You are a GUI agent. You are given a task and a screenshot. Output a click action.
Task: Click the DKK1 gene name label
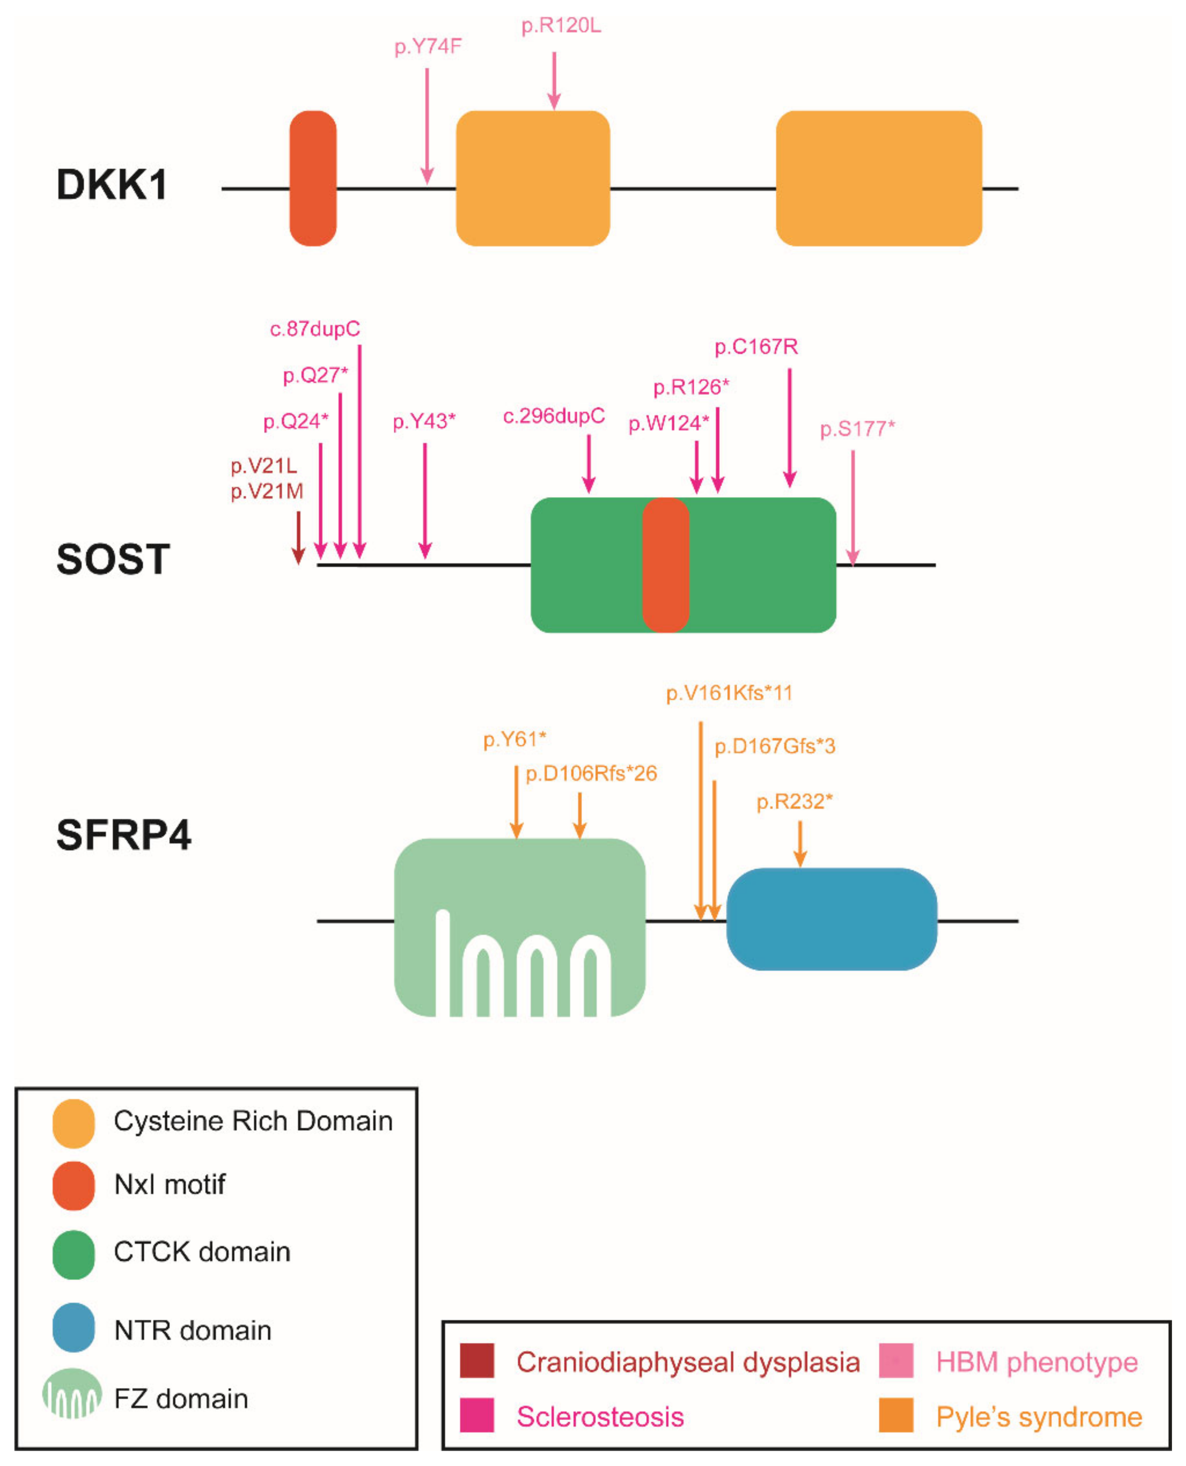click(112, 184)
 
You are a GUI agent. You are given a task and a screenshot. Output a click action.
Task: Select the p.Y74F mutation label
click(428, 46)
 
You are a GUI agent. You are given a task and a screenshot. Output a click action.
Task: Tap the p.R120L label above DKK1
click(561, 26)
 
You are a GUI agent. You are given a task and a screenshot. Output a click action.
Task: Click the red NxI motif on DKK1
click(313, 178)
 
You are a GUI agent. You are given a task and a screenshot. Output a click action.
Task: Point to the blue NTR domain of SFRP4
click(831, 919)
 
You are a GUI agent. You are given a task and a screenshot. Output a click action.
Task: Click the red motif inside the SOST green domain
click(665, 565)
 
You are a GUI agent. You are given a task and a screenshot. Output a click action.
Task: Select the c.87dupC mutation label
click(315, 329)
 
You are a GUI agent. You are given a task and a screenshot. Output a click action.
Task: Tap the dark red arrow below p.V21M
click(298, 538)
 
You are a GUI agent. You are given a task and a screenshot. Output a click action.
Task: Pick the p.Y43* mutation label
click(424, 421)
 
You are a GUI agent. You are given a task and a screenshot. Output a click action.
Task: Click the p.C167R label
click(756, 347)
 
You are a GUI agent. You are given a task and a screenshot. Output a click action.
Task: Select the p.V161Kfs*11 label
click(729, 693)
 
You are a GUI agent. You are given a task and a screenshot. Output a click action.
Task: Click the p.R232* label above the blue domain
click(794, 801)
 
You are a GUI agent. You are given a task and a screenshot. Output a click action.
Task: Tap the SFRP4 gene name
click(124, 835)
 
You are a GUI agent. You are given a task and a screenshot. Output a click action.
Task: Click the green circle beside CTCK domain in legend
click(73, 1255)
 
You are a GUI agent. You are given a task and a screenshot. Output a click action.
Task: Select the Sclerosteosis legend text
click(600, 1417)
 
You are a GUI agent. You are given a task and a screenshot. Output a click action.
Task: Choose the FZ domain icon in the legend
click(72, 1393)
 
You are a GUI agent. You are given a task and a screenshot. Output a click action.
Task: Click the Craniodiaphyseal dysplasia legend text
click(687, 1362)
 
